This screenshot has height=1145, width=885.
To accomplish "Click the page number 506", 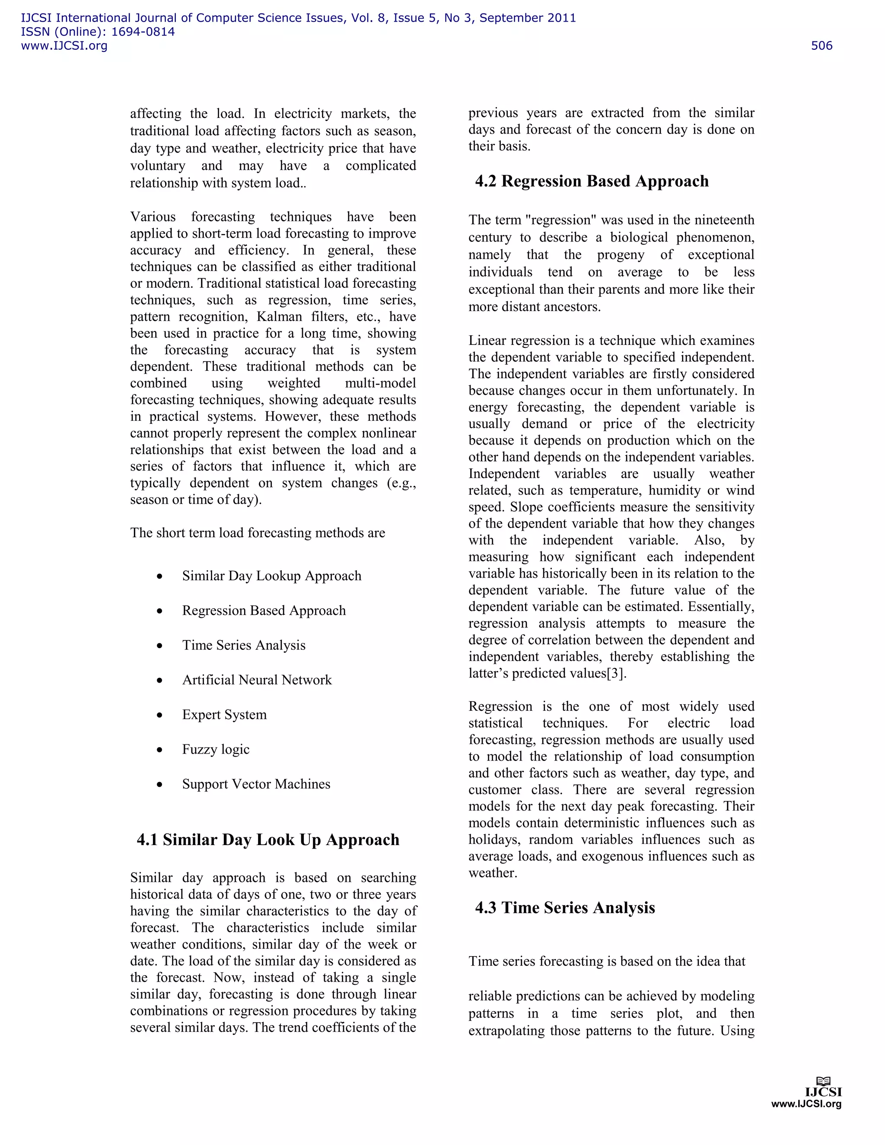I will click(821, 46).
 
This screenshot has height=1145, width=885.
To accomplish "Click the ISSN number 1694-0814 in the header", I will click(143, 32).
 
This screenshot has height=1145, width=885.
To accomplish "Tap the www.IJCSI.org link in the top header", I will click(64, 46).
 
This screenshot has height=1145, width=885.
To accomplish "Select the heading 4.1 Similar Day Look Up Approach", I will click(268, 840).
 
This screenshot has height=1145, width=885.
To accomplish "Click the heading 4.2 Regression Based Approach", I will click(592, 181).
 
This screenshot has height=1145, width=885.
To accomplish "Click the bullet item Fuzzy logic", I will click(216, 749).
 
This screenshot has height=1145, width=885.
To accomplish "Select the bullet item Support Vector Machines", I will click(256, 784).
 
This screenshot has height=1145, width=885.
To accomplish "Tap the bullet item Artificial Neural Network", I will click(257, 680).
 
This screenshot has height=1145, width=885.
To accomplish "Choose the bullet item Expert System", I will click(224, 715).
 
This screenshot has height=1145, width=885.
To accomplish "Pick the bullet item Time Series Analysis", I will click(244, 646).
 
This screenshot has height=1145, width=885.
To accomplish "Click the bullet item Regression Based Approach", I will click(264, 611).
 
